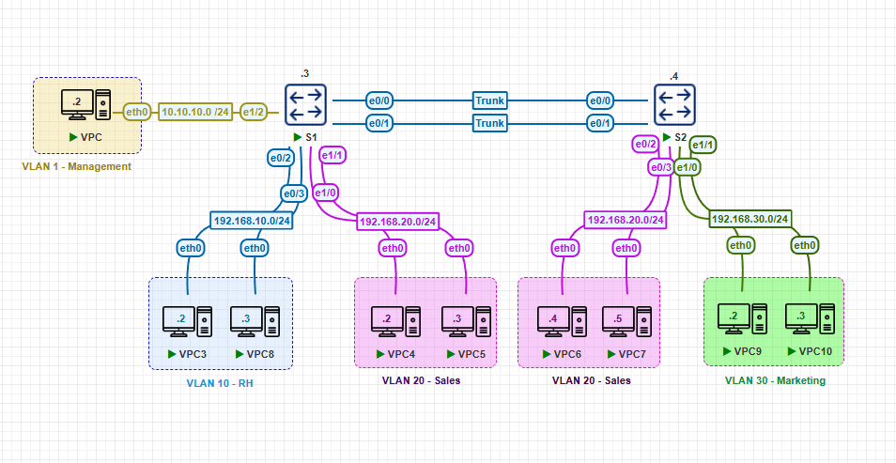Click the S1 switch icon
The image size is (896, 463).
(305, 104)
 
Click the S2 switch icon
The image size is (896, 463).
(675, 104)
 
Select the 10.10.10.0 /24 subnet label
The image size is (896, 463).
(196, 112)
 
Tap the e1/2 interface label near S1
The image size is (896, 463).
(255, 112)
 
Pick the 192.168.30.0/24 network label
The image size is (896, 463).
(749, 219)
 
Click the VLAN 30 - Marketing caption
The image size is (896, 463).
(775, 380)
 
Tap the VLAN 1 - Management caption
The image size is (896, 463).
(76, 166)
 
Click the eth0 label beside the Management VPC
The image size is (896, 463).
(138, 112)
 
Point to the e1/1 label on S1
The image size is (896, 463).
(333, 155)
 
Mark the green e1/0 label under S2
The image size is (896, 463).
(688, 166)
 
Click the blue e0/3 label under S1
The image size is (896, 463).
(294, 194)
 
